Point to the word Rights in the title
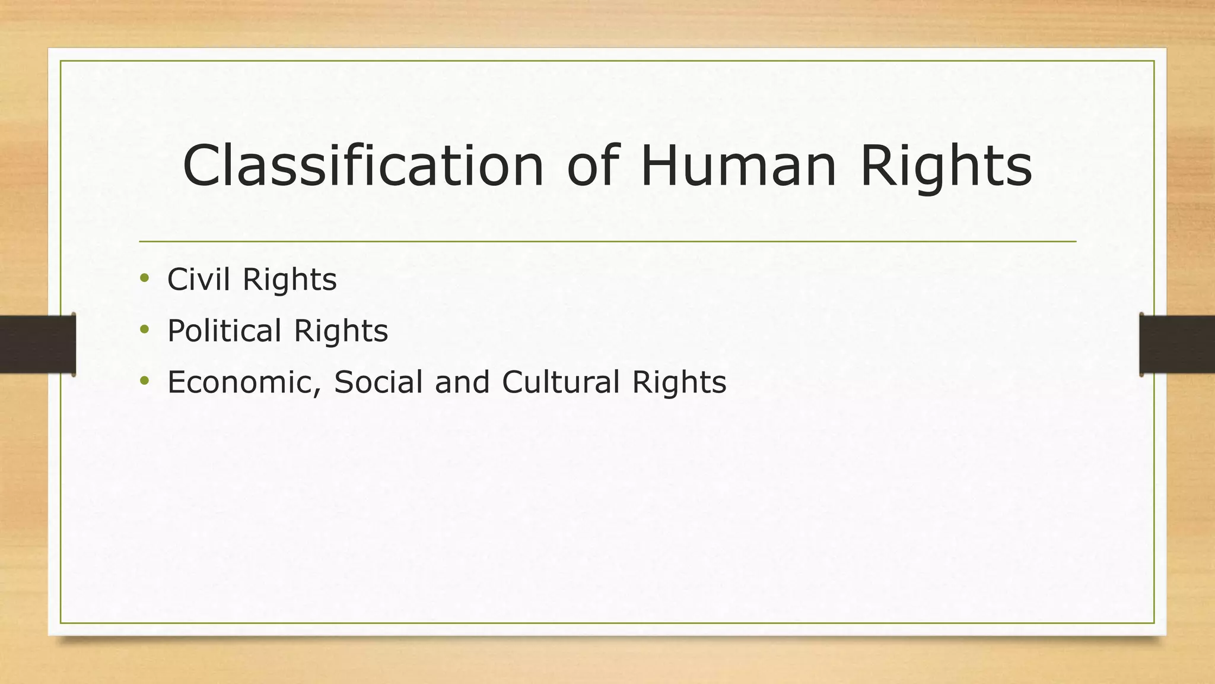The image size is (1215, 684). (x=946, y=169)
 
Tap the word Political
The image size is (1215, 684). (x=224, y=331)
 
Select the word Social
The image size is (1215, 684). (x=378, y=382)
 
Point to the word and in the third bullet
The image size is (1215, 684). (x=462, y=382)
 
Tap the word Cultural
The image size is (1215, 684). (x=561, y=382)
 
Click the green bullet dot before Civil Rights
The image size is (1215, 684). (x=144, y=277)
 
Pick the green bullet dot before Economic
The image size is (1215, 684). (x=144, y=380)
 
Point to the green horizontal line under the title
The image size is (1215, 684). (x=607, y=242)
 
